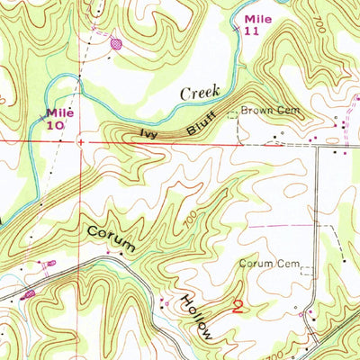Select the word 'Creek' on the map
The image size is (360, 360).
200,92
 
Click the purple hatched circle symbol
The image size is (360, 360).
115,41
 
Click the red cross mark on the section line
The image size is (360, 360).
81,141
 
